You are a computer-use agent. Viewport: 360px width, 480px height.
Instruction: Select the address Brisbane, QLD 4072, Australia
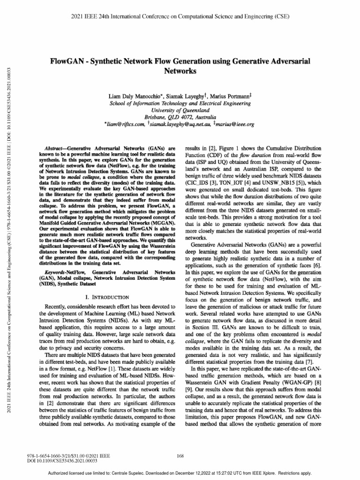180,117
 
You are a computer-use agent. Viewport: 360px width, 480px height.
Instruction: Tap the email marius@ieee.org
234,125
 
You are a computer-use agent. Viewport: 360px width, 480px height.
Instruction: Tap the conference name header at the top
180,17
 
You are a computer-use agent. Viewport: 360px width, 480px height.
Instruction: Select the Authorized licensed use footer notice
180,473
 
